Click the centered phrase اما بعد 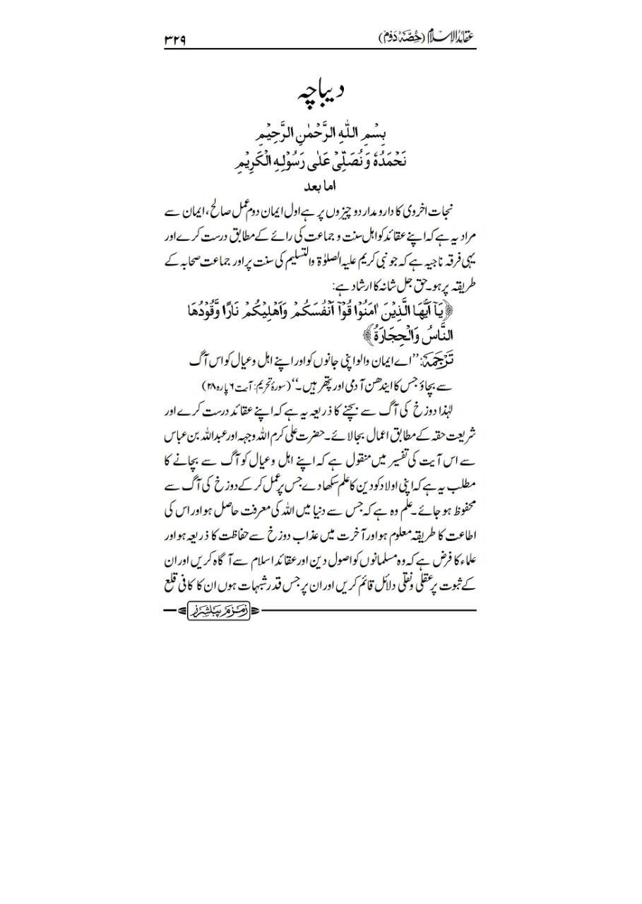click(x=321, y=188)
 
